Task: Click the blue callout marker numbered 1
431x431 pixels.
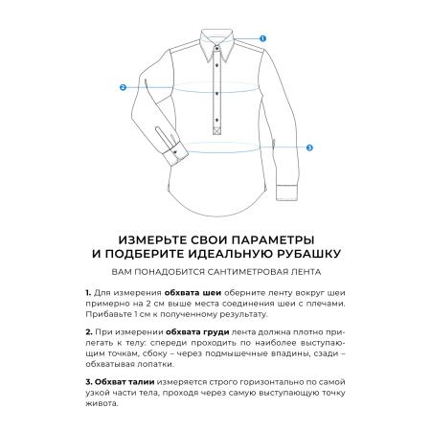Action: (x=262, y=38)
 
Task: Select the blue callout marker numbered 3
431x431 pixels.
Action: (x=309, y=148)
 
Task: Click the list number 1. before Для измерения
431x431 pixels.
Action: (x=87, y=292)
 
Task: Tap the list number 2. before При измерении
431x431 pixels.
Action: (x=88, y=330)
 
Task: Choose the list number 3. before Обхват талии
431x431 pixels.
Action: (x=88, y=381)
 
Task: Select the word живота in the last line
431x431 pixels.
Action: (x=101, y=403)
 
